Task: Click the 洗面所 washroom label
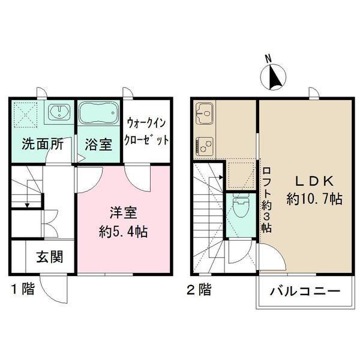(x=43, y=144)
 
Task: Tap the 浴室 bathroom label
(x=98, y=145)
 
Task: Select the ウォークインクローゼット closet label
(x=146, y=131)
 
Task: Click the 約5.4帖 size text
(x=123, y=232)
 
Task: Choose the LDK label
(x=314, y=181)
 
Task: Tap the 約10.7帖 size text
(x=314, y=199)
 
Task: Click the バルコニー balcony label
(x=305, y=292)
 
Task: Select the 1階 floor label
(x=23, y=289)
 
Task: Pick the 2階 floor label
(x=199, y=289)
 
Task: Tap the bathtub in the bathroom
(x=98, y=113)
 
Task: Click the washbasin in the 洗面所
(x=59, y=111)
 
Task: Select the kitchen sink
(x=205, y=113)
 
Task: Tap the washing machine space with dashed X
(x=25, y=115)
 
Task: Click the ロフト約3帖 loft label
(x=266, y=199)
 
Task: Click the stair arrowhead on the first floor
(x=28, y=205)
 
